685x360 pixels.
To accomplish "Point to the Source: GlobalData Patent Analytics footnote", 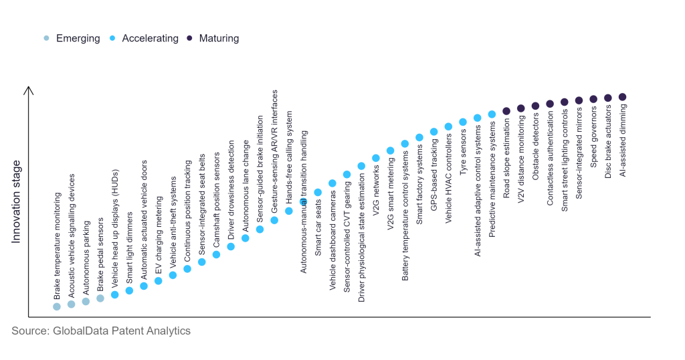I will coord(101,331).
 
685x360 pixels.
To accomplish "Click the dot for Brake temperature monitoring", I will coord(57,306).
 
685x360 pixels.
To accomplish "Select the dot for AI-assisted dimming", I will coord(622,97).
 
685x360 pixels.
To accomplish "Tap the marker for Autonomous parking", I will coord(86,301).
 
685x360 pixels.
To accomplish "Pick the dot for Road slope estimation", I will coord(506,111).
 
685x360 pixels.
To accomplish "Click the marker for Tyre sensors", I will coord(463,122).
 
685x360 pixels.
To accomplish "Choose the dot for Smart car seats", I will coord(318,193).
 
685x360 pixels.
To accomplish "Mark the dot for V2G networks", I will coord(376,159).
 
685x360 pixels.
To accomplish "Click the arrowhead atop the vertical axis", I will coord(28,89).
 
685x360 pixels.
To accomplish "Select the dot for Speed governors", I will coord(593,99).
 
